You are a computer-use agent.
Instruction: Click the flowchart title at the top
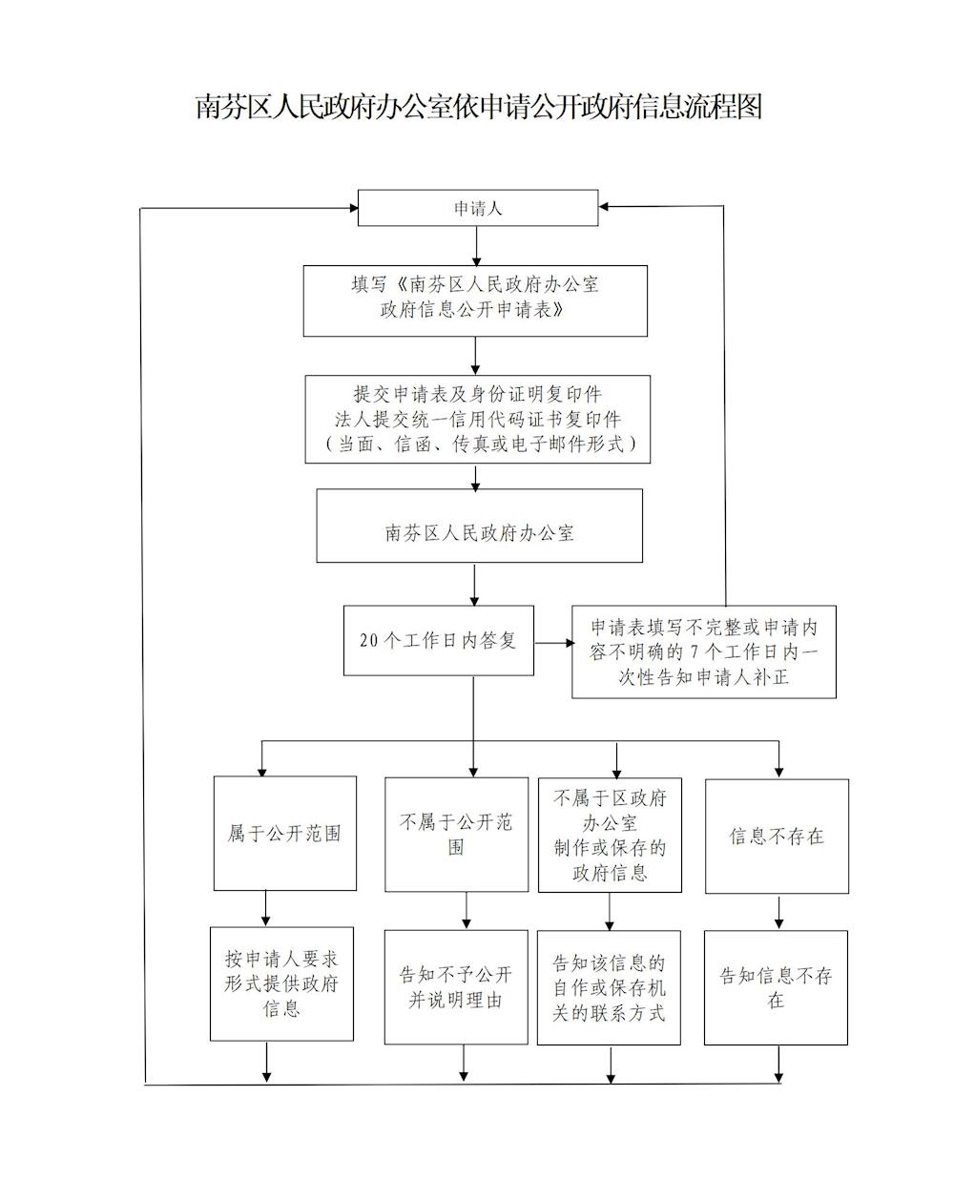pos(478,106)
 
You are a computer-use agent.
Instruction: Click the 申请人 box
pos(478,208)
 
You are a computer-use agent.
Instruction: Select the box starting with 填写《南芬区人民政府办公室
pos(475,300)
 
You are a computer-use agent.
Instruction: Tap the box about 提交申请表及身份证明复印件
pos(477,419)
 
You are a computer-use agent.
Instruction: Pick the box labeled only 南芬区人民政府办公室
pos(480,526)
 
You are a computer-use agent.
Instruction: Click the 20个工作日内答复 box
pos(439,640)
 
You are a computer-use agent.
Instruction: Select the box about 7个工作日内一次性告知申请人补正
pos(704,652)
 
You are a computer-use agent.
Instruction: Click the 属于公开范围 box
pos(285,833)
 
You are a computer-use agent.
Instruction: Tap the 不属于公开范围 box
pos(457,834)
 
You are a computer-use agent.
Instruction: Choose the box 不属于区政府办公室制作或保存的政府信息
pos(610,835)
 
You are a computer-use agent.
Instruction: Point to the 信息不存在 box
pos(777,836)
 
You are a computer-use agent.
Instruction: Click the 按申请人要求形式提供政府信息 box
pos(281,983)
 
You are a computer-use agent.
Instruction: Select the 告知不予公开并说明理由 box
pos(456,987)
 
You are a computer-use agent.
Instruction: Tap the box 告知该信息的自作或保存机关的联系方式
pos(609,987)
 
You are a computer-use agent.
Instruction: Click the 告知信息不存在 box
pos(776,987)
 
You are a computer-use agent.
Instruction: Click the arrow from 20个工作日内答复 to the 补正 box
pos(554,643)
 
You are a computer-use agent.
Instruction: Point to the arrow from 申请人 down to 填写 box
pos(476,246)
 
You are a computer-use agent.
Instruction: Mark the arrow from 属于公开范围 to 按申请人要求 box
pos(266,909)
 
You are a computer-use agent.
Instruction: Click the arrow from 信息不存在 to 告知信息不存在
pos(778,912)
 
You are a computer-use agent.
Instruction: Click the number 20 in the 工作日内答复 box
pos(369,640)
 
